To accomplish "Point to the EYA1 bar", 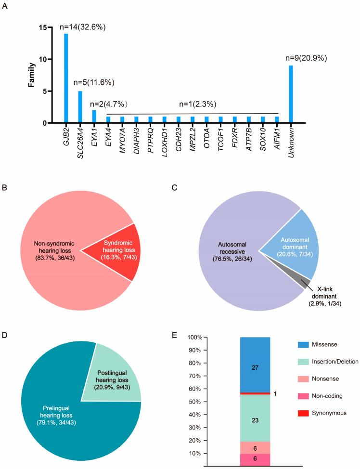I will [x=94, y=117].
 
